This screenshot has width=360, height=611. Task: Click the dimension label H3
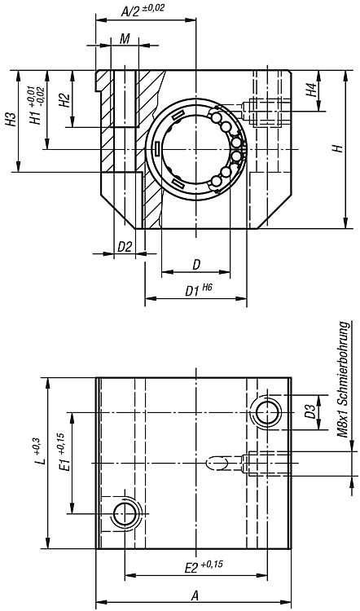click(11, 119)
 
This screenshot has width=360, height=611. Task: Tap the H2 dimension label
click(64, 100)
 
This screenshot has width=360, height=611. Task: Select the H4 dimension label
click(310, 90)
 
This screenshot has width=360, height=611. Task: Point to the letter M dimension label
click(125, 39)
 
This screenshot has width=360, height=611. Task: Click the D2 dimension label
click(125, 247)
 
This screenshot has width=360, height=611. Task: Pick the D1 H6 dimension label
click(200, 290)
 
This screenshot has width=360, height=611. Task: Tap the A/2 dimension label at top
click(143, 10)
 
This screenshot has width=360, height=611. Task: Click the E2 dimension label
click(203, 566)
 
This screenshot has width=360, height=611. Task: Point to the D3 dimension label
click(310, 412)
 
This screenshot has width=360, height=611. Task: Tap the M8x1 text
click(342, 422)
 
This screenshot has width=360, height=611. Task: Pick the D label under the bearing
click(196, 265)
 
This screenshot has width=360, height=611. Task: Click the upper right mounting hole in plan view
click(267, 412)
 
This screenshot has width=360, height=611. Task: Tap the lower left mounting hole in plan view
click(125, 513)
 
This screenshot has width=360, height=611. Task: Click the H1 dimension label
click(37, 105)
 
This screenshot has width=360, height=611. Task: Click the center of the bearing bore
click(196, 149)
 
